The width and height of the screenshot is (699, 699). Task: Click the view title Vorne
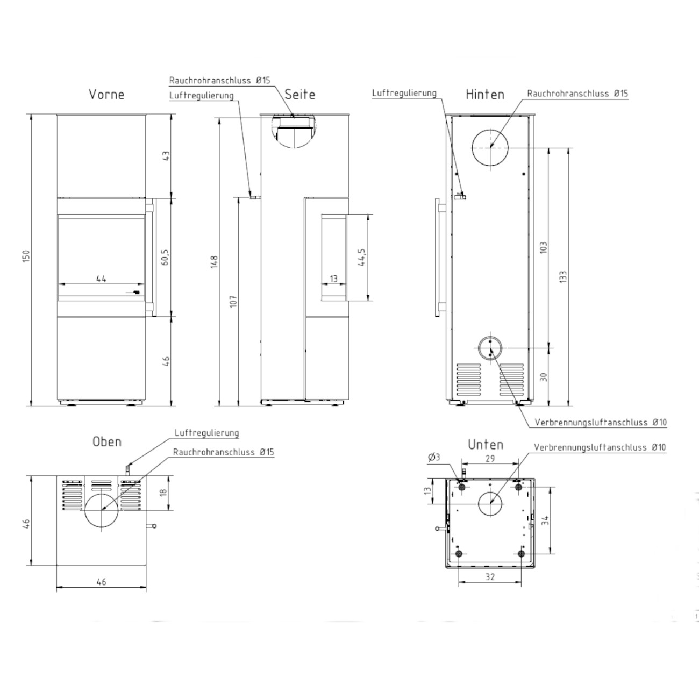click(106, 95)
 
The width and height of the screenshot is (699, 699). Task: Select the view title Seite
click(299, 95)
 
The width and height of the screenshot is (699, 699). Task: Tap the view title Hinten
click(485, 95)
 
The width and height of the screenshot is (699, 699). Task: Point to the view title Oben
click(106, 442)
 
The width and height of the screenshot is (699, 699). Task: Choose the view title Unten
click(486, 445)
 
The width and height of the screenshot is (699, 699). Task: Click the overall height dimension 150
click(26, 256)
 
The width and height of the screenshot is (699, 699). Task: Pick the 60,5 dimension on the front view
click(165, 257)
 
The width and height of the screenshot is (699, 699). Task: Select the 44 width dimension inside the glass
click(101, 279)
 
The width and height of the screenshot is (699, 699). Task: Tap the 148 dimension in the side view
click(214, 262)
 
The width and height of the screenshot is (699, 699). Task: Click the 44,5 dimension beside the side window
click(362, 258)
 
